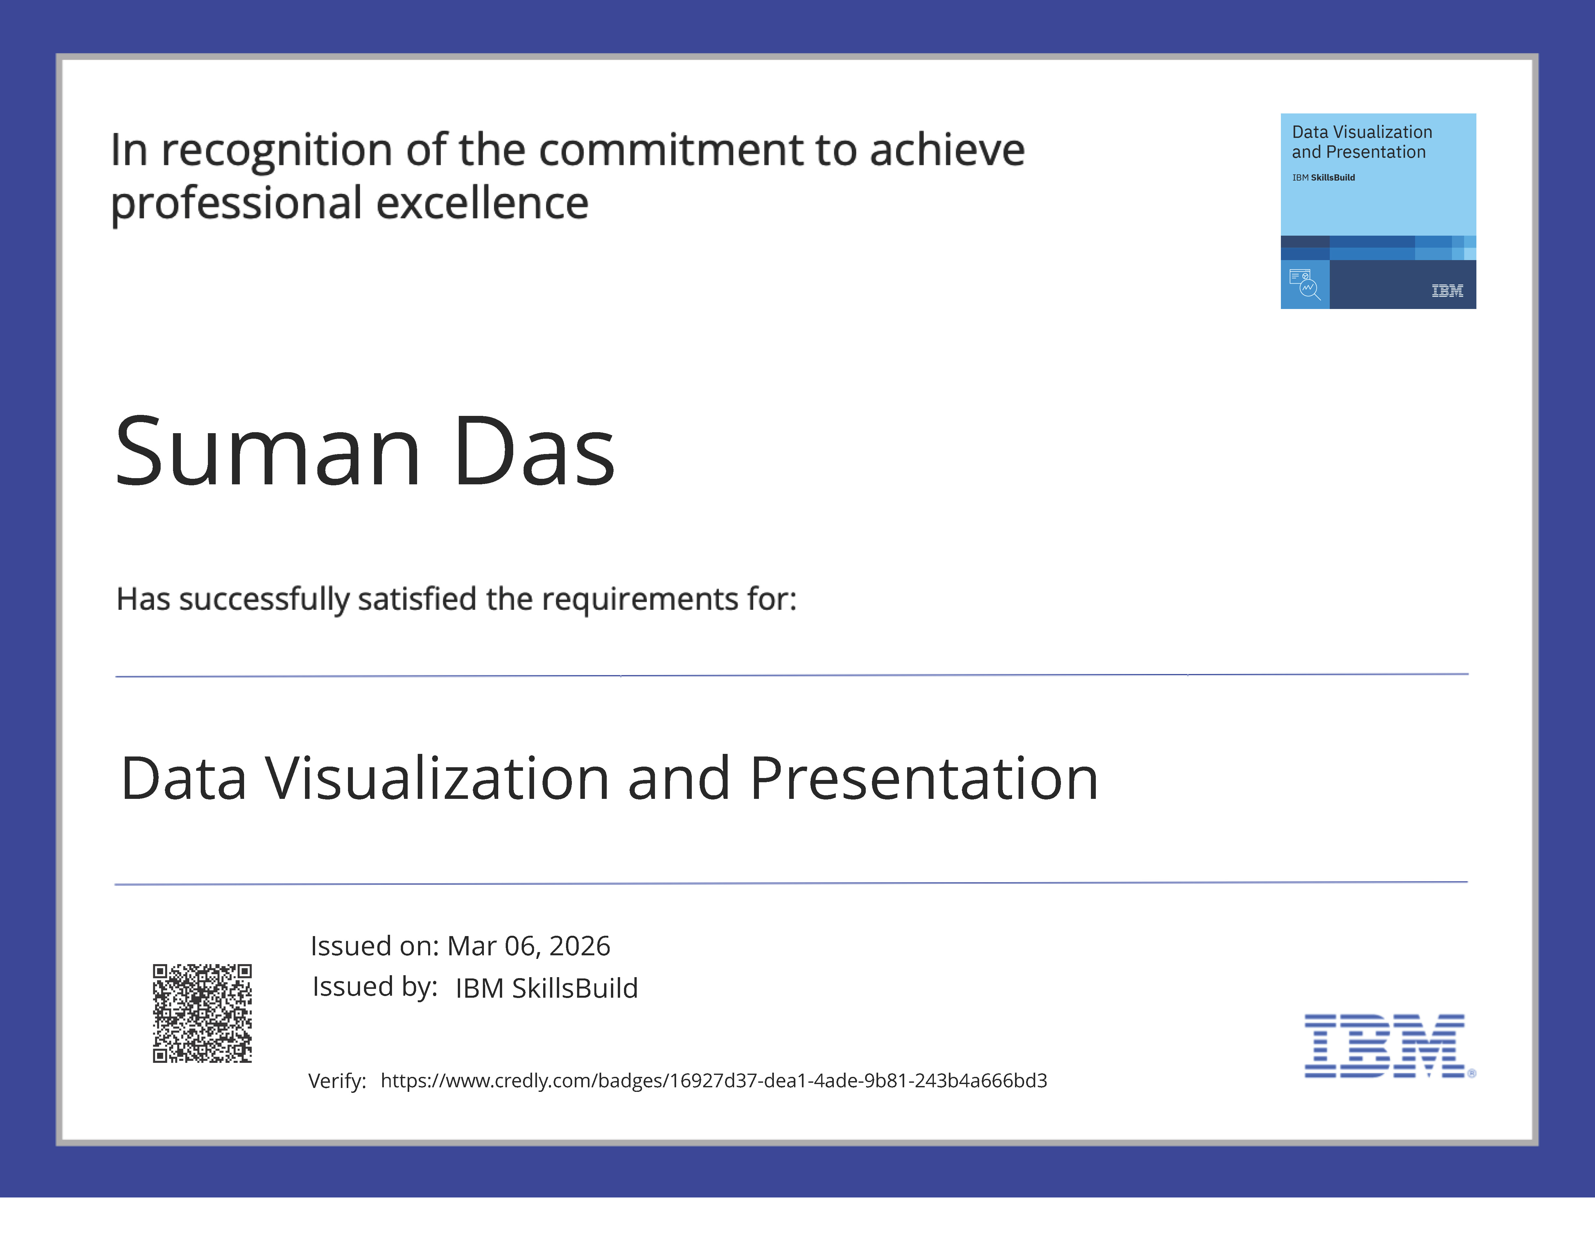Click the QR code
(202, 1013)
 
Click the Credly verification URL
(714, 1080)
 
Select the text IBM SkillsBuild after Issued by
(546, 988)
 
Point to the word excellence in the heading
(482, 203)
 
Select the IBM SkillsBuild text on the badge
(1323, 178)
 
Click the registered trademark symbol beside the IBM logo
(1472, 1073)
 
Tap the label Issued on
(374, 946)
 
